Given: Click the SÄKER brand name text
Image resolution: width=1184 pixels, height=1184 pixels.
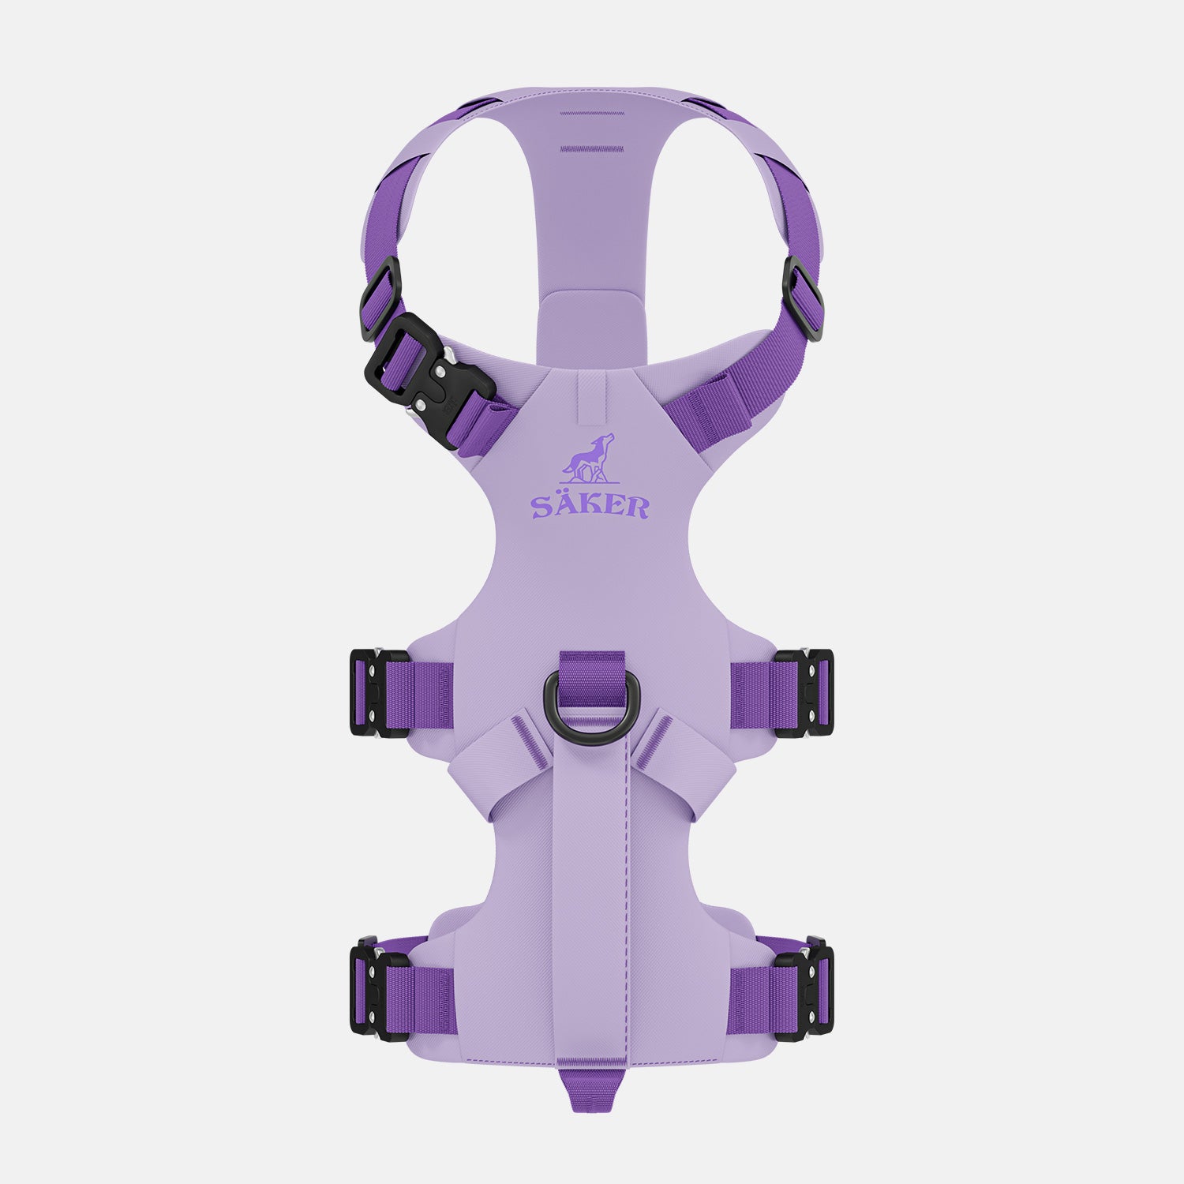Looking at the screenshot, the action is coord(590,505).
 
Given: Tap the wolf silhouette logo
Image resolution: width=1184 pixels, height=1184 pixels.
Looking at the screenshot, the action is coord(587,459).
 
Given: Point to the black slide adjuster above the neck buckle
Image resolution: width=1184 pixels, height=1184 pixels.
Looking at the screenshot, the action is coord(381,298).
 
